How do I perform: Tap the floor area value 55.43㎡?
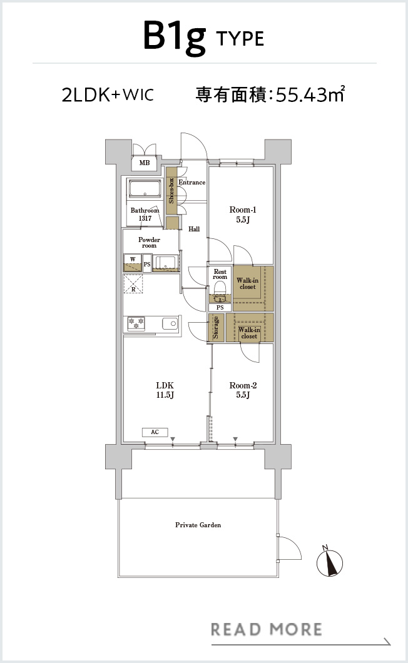[310, 94]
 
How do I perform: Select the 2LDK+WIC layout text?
[108, 94]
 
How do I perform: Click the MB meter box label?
[145, 163]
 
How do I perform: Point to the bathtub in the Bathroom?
[145, 189]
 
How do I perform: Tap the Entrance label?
[191, 182]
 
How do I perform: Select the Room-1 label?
[243, 210]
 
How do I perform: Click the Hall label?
[194, 229]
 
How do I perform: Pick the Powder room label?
[149, 242]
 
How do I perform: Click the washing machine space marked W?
[133, 263]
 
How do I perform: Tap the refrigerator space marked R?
[133, 284]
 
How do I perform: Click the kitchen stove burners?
[136, 324]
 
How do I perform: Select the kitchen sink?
[170, 324]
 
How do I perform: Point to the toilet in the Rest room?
[220, 291]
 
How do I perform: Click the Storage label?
[215, 327]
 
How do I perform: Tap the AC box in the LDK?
[155, 432]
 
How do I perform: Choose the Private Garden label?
[198, 525]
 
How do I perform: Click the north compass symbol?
[330, 562]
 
